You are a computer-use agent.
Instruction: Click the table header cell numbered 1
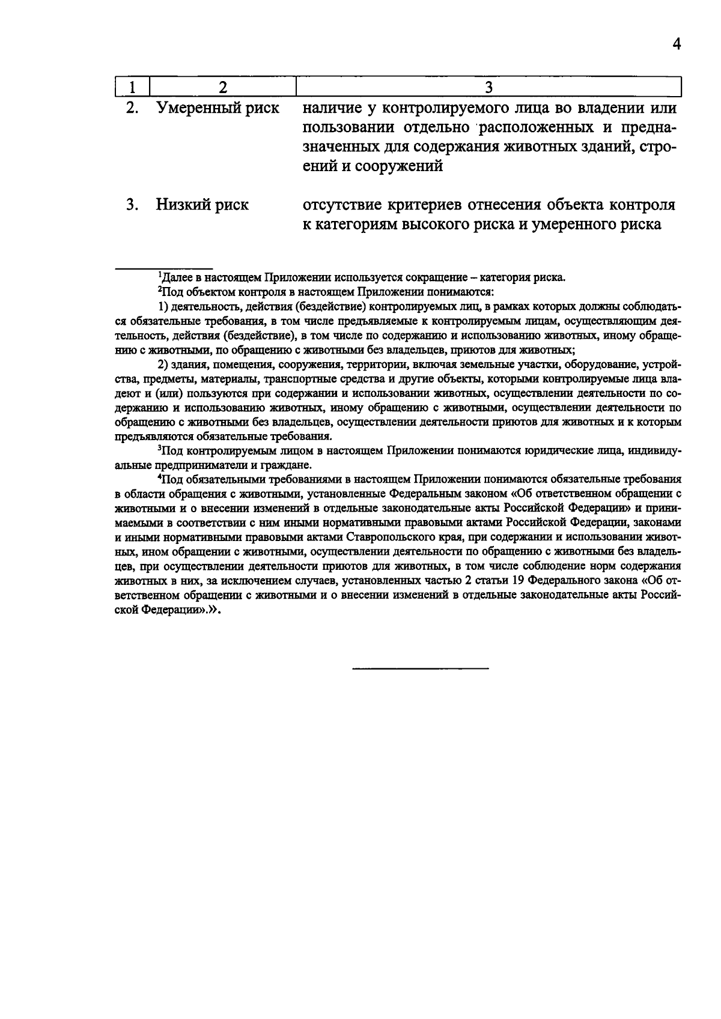[132, 88]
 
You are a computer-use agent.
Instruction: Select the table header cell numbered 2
[223, 88]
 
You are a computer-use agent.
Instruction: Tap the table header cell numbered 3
[488, 88]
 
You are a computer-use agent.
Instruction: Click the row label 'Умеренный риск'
[218, 109]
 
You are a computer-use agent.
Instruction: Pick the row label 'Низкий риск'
[202, 205]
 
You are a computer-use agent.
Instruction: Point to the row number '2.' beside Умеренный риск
[132, 109]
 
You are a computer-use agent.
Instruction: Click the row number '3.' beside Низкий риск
[132, 205]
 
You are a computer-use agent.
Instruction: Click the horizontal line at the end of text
[420, 668]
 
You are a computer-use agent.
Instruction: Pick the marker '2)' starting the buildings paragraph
[163, 364]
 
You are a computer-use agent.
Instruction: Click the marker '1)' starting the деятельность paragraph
[163, 307]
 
